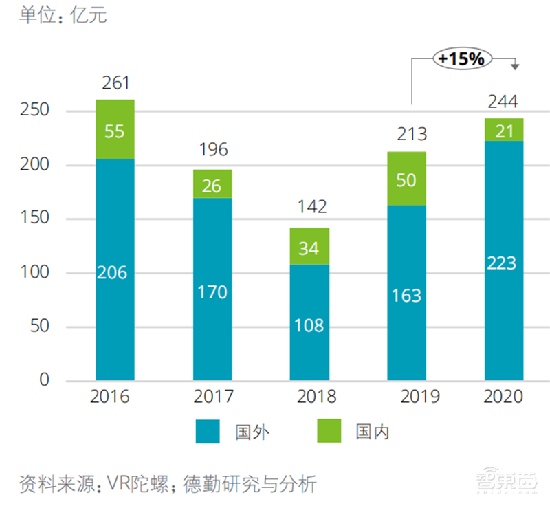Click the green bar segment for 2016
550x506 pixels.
pos(115,130)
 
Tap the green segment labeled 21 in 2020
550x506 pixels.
pos(504,130)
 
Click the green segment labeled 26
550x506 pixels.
pos(212,184)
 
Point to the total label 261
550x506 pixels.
pos(115,84)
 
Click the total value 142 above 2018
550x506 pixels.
pos(309,207)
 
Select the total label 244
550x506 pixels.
pos(504,102)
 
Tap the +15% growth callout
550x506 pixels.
pos(461,59)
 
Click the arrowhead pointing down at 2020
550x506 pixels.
pos(514,66)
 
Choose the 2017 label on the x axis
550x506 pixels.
pos(212,397)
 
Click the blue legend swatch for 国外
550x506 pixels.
pos(207,431)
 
